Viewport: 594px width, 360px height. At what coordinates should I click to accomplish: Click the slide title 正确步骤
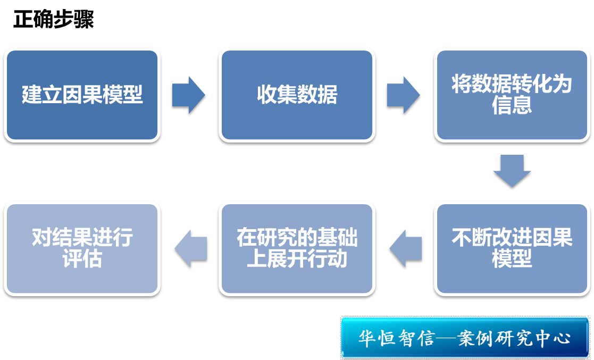coord(54,20)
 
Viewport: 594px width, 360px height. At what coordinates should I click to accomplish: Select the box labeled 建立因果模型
coord(82,95)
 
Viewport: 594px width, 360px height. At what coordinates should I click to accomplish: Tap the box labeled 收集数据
coord(297,95)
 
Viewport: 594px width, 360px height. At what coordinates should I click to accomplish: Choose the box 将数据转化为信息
coord(512,95)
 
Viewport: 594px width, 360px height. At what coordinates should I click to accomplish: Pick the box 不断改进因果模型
coord(512,248)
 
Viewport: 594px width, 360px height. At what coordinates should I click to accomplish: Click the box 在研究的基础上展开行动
coord(297,248)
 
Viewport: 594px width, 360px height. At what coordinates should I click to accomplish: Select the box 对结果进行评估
coord(82,248)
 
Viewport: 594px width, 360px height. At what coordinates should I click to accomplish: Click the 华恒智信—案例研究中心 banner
coord(465,337)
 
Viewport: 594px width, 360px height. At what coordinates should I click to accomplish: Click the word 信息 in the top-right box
coord(512,106)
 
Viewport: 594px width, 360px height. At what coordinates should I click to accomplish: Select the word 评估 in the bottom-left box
coord(82,259)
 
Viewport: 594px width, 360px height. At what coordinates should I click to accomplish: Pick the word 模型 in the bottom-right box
coord(512,259)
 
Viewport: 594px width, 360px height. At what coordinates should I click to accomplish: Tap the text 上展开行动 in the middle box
coord(297,259)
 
